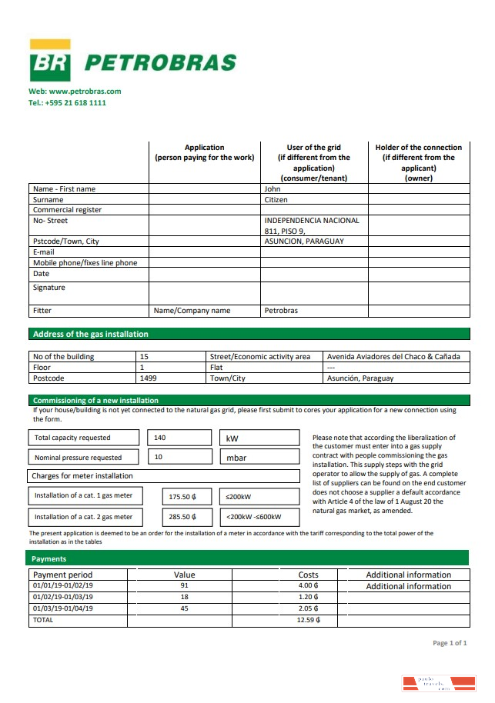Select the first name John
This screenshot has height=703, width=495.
click(x=273, y=188)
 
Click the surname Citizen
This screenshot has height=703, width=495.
click(x=276, y=199)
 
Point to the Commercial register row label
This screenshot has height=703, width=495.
click(x=67, y=210)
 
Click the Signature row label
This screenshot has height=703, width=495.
click(x=49, y=288)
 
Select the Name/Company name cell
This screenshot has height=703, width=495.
click(x=192, y=311)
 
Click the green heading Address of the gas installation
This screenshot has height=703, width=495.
click(x=90, y=334)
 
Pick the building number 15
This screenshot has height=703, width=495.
click(x=145, y=356)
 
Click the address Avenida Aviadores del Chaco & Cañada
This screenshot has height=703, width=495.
click(x=393, y=356)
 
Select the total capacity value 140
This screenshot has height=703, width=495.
click(x=160, y=438)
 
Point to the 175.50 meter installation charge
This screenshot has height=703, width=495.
click(x=182, y=497)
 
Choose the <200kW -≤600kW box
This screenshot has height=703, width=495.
click(x=259, y=517)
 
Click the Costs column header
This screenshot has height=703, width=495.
click(x=308, y=575)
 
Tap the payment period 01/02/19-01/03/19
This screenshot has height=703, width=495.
click(x=62, y=596)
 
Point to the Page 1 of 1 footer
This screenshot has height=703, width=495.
click(x=450, y=643)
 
